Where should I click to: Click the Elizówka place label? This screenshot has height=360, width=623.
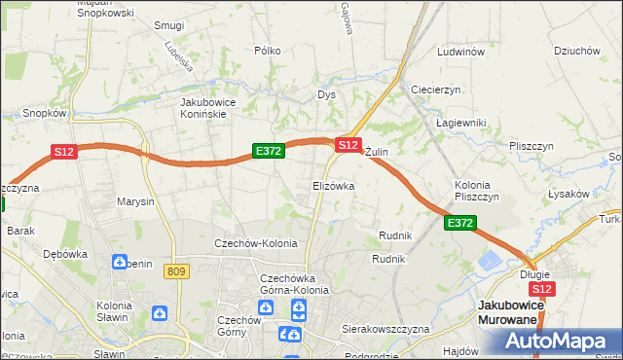tap(333, 185)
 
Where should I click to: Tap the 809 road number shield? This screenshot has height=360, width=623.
tap(176, 271)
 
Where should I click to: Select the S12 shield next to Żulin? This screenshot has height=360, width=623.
tap(348, 144)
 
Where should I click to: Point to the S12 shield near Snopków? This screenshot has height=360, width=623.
tap(63, 152)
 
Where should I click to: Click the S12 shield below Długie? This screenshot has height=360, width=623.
tap(542, 289)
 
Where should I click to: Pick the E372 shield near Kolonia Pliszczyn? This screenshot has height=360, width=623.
tap(460, 224)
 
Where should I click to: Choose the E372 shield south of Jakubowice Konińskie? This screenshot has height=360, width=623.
tap(268, 151)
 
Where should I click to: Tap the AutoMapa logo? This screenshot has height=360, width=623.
tap(558, 342)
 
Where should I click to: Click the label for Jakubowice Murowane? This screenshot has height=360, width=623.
tap(511, 312)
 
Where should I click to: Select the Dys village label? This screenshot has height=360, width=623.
tap(326, 95)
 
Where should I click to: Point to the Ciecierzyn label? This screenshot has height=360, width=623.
tap(435, 90)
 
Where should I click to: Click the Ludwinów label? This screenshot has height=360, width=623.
tap(461, 52)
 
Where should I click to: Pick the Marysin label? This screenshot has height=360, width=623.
tap(135, 202)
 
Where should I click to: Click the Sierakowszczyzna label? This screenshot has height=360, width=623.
tap(385, 330)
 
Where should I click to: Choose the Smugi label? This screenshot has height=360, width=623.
tap(169, 25)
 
